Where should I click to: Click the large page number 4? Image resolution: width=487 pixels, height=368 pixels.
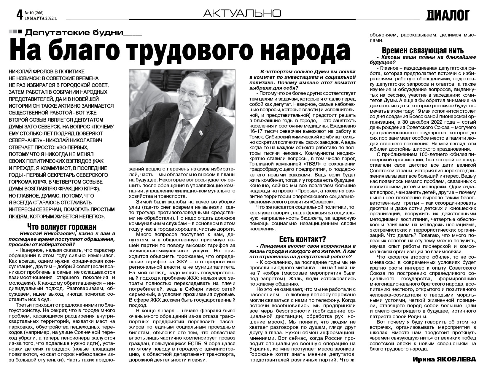[20, 14]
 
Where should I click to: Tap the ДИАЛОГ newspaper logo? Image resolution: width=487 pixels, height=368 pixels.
[448, 15]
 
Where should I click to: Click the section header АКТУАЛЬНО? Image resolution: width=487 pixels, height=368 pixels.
[242, 13]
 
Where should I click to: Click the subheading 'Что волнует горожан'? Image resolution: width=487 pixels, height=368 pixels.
[62, 227]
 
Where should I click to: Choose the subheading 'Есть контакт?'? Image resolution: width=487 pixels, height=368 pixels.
[303, 239]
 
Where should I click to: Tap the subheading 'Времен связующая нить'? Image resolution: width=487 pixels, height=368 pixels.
[423, 50]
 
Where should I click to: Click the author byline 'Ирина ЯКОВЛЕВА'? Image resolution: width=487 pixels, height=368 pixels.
[444, 359]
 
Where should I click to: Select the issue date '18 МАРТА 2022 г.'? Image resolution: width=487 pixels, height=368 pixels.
[41, 18]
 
